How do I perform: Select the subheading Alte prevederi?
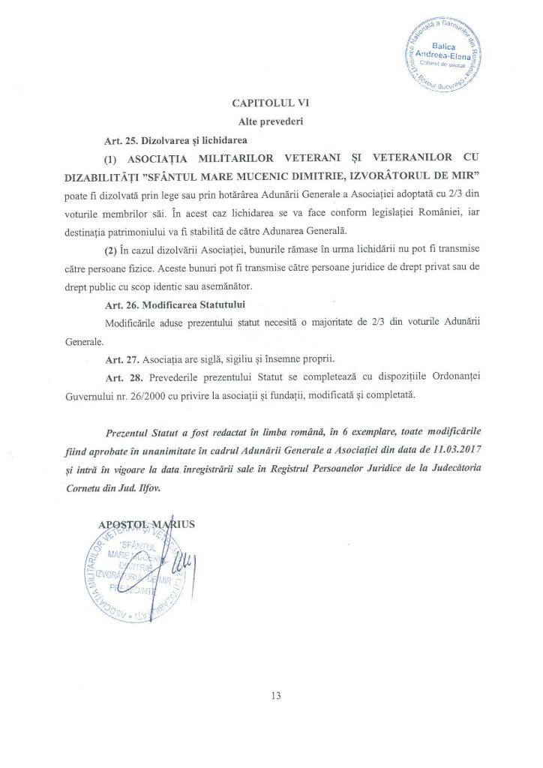271,122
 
